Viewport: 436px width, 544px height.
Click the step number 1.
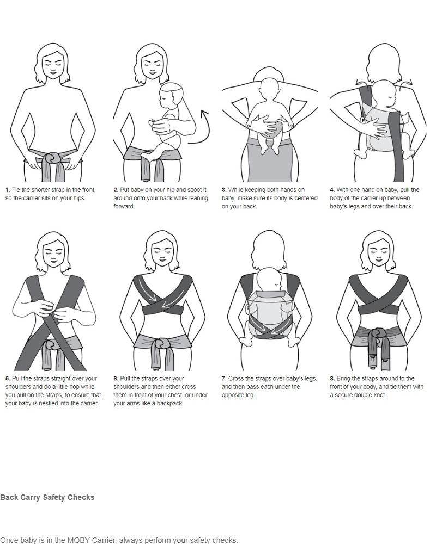coord(7,190)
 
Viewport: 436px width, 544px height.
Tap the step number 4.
coord(332,190)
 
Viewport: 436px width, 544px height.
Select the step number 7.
coord(224,379)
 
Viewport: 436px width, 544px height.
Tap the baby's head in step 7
coord(269,280)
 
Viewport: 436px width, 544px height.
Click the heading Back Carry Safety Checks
coord(47,498)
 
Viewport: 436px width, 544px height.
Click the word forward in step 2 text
coord(123,206)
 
